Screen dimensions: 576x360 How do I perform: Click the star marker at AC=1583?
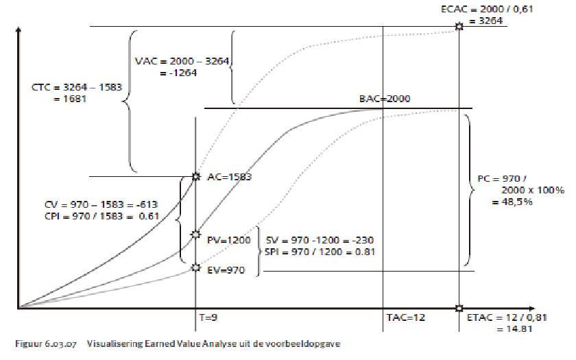(x=196, y=176)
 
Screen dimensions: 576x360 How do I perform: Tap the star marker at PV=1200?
(x=196, y=235)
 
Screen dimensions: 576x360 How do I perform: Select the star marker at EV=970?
(x=196, y=267)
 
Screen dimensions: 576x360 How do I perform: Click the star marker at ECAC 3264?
(x=459, y=27)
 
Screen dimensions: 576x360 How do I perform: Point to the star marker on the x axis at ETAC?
(x=459, y=308)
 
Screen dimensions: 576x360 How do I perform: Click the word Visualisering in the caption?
(x=110, y=344)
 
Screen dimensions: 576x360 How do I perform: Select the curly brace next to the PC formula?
(x=469, y=189)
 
